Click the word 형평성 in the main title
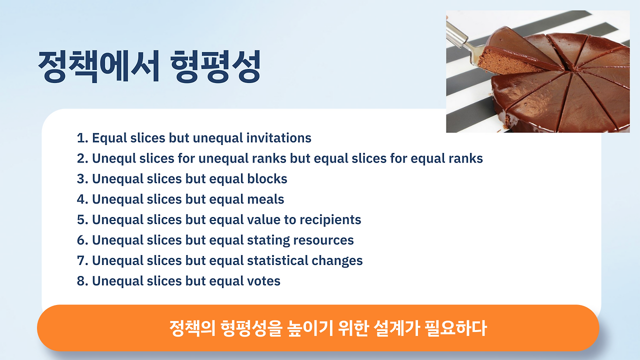[x=215, y=66]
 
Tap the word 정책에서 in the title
[x=98, y=66]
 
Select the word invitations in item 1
[x=279, y=137]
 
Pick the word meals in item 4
[x=265, y=199]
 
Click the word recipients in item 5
[x=326, y=220]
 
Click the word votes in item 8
[x=263, y=281]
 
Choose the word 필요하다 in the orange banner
[x=456, y=328]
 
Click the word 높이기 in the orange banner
[x=310, y=328]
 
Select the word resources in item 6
[x=323, y=240]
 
